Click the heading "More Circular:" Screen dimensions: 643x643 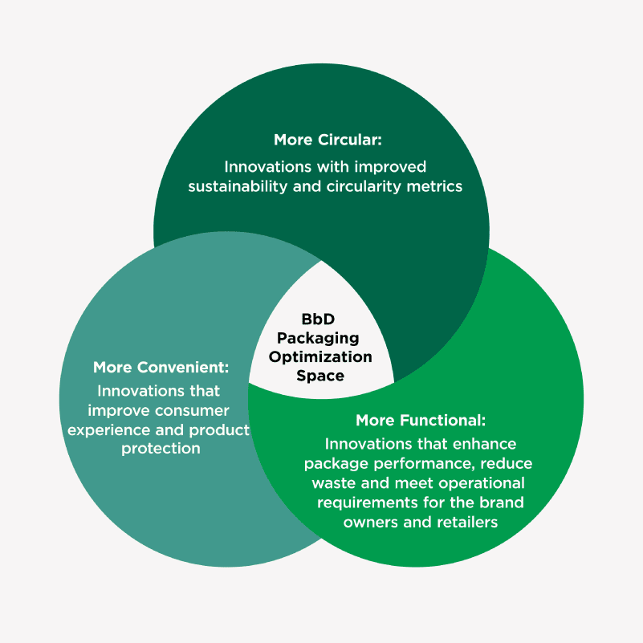328,140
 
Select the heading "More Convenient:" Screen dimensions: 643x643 161,368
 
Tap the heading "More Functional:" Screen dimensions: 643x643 421,421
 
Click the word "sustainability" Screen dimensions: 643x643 236,186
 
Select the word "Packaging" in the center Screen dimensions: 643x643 319,338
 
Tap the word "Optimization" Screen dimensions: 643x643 320,356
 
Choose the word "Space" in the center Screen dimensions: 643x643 320,375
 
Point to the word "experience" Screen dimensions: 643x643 109,429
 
